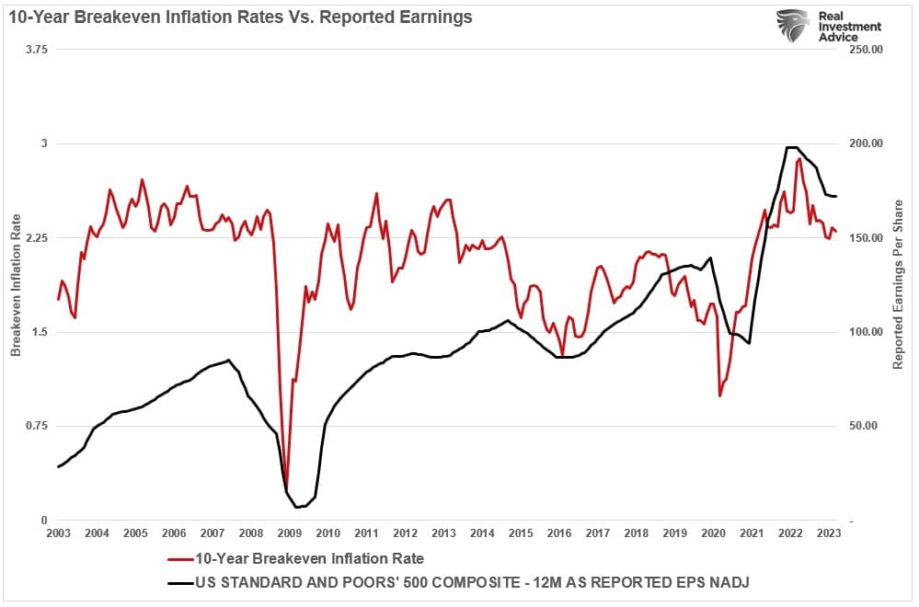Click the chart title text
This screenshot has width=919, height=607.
pos(241,17)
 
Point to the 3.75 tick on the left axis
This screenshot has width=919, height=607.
pos(35,50)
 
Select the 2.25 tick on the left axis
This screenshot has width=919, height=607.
pos(35,238)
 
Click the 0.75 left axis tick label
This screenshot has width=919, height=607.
pos(35,426)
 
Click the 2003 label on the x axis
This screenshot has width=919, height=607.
pos(57,533)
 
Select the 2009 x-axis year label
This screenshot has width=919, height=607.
pos(289,533)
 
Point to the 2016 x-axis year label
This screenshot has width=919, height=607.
pos(558,533)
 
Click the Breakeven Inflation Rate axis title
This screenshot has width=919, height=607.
pos(15,285)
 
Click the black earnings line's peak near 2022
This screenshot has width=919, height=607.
pos(791,147)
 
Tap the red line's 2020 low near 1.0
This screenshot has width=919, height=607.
pos(720,395)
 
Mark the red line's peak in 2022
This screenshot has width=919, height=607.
pos(799,159)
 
